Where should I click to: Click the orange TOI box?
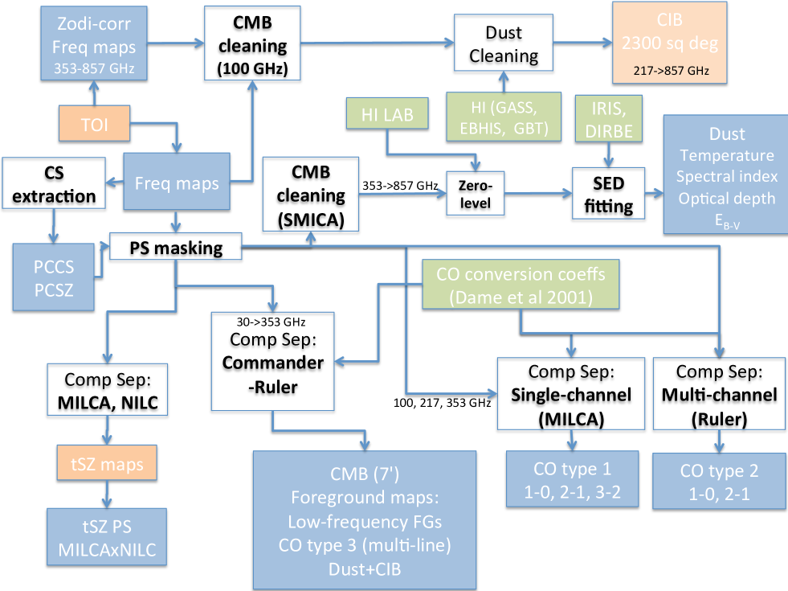pyautogui.click(x=95, y=123)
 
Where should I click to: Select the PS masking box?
pyautogui.click(x=176, y=247)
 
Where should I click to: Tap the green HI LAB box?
pyautogui.click(x=387, y=113)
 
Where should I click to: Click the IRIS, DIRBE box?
pyautogui.click(x=609, y=119)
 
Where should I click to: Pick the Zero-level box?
pyautogui.click(x=475, y=194)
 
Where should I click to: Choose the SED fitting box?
pyautogui.click(x=608, y=194)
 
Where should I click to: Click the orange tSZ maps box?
pyautogui.click(x=107, y=463)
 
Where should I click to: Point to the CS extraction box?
pyautogui.click(x=54, y=183)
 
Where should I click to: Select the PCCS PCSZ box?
pyautogui.click(x=53, y=277)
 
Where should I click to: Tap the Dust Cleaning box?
pyautogui.click(x=504, y=43)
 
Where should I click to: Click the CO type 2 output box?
pyautogui.click(x=719, y=482)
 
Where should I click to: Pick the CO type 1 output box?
pyautogui.click(x=572, y=479)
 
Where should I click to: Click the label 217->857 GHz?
pyautogui.click(x=671, y=71)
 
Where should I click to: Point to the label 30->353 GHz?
pyautogui.click(x=271, y=322)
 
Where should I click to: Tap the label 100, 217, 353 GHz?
pyautogui.click(x=442, y=403)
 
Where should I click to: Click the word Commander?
pyautogui.click(x=273, y=363)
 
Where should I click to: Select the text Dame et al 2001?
pyautogui.click(x=521, y=298)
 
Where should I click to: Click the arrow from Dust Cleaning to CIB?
pyautogui.click(x=583, y=43)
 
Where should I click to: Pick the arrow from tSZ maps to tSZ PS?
pyautogui.click(x=107, y=495)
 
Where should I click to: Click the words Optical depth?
pyautogui.click(x=727, y=199)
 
